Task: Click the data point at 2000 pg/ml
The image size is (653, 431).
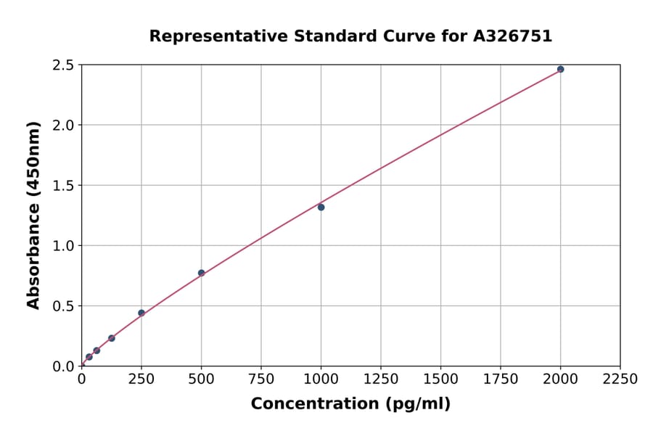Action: [560, 69]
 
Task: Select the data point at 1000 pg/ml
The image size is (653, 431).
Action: [321, 207]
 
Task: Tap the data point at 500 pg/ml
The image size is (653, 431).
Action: [201, 273]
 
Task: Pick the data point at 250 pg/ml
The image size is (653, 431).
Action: [141, 313]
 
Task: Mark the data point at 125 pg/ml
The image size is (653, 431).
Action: [111, 338]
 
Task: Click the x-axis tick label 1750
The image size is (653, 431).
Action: [501, 379]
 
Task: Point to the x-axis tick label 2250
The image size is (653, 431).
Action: [620, 379]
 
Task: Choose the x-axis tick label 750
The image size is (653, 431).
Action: [261, 379]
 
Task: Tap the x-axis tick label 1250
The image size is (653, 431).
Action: [381, 379]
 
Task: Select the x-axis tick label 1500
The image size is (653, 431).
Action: [440, 379]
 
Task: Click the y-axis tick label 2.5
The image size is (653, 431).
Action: [64, 65]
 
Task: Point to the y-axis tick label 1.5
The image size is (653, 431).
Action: [64, 186]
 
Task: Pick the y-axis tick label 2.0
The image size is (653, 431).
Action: [64, 126]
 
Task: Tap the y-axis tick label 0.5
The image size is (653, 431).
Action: [64, 306]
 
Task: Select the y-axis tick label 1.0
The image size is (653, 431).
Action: [64, 246]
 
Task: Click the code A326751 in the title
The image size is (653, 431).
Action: [513, 36]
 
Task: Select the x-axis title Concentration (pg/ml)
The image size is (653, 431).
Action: [350, 404]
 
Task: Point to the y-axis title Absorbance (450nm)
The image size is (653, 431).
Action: [33, 215]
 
